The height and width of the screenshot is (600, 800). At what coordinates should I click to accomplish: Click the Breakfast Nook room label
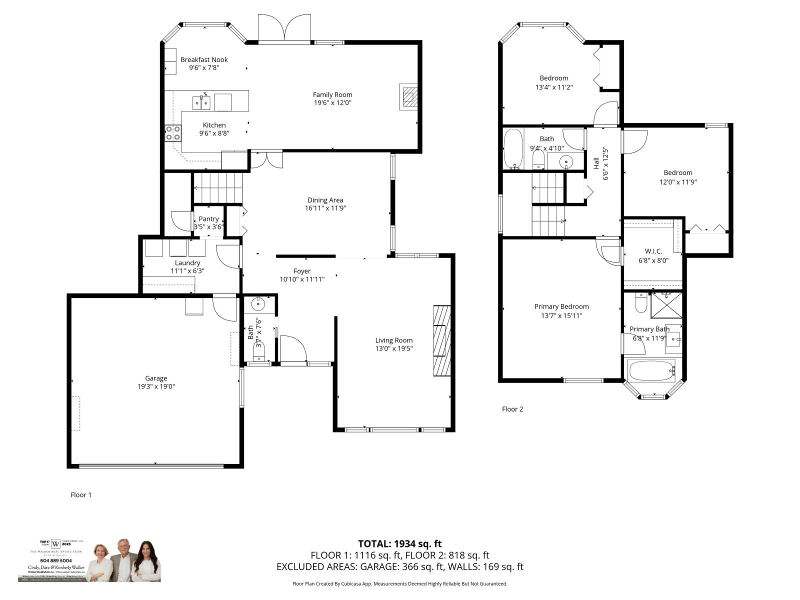[204, 59]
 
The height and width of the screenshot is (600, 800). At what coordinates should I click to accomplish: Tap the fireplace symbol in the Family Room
[408, 96]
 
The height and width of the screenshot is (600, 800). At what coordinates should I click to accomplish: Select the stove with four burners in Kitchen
[173, 132]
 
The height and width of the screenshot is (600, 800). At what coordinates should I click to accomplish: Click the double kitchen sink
[201, 102]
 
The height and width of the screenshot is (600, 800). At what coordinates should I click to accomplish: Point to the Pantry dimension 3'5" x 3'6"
[208, 227]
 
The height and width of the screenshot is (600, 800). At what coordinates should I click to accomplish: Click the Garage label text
[156, 378]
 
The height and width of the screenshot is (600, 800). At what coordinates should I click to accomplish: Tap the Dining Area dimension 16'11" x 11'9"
[325, 208]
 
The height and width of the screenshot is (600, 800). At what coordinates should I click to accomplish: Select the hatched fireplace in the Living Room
[442, 340]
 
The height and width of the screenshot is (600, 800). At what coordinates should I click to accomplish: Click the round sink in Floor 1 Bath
[259, 303]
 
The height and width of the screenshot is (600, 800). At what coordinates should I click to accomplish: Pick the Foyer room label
[302, 271]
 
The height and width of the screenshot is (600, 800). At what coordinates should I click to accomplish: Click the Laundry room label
[187, 262]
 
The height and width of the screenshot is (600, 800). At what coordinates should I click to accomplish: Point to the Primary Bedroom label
[561, 306]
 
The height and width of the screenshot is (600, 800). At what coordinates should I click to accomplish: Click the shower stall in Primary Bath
[666, 305]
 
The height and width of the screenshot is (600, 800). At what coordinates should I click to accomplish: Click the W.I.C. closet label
[653, 251]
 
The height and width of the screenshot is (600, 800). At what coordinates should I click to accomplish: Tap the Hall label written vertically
[596, 163]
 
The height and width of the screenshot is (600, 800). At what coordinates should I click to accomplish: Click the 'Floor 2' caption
[512, 409]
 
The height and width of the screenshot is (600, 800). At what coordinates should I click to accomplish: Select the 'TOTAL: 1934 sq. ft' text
[399, 543]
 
